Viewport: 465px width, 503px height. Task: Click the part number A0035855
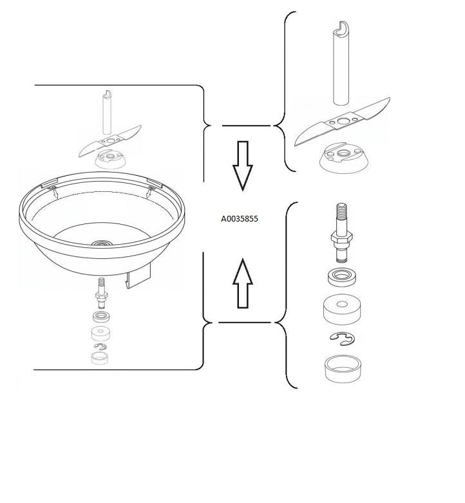[x=239, y=219]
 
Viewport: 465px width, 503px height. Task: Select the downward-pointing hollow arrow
[x=242, y=166]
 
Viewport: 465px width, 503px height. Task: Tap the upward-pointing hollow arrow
[x=242, y=283]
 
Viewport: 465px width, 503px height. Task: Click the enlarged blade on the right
[x=342, y=122]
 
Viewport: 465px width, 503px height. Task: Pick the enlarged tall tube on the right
[x=341, y=63]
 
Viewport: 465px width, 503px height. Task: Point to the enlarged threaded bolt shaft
[x=341, y=233]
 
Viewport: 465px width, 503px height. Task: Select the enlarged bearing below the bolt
[x=343, y=276]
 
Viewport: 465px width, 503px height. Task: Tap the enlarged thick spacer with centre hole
[x=342, y=309]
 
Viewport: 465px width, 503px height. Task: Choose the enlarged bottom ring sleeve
[x=343, y=369]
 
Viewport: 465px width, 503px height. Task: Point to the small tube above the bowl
[x=107, y=112]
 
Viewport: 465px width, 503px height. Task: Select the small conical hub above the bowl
[x=110, y=160]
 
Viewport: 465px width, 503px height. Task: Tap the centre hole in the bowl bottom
[x=102, y=243]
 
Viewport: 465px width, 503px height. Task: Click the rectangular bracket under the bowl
[x=138, y=276]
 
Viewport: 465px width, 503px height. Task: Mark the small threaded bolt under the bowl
[x=102, y=293]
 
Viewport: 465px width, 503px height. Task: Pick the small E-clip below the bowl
[x=100, y=346]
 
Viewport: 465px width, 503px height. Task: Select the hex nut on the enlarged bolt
[x=341, y=237]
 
